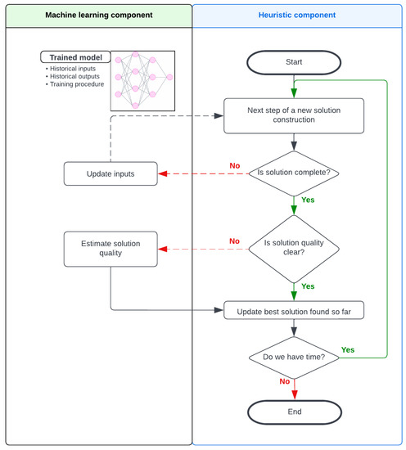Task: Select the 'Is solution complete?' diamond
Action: (x=293, y=173)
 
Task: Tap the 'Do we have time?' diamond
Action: (x=293, y=357)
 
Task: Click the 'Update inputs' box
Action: (x=111, y=173)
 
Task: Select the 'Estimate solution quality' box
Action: (x=111, y=248)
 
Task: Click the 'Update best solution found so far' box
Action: (x=293, y=310)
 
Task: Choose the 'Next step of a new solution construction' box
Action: (x=293, y=115)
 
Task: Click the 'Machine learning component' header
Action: (x=97, y=15)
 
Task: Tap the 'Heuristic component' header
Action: (x=298, y=15)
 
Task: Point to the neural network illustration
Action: (x=142, y=81)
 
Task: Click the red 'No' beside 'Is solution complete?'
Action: (x=235, y=165)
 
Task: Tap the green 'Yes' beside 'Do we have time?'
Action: (x=347, y=349)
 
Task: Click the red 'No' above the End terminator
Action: (x=284, y=381)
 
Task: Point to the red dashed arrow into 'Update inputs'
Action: (x=201, y=173)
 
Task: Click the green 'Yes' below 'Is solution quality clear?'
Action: (x=308, y=286)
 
